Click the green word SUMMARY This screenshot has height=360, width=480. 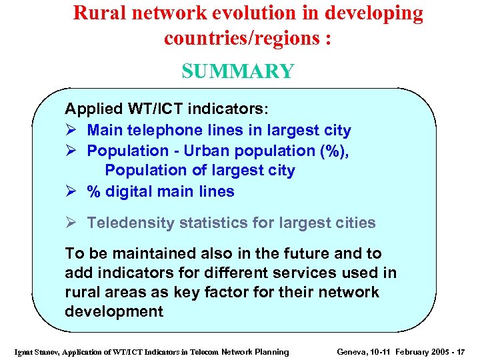[237, 71]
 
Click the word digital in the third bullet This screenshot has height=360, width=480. [129, 192]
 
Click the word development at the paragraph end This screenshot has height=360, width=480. [113, 312]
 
